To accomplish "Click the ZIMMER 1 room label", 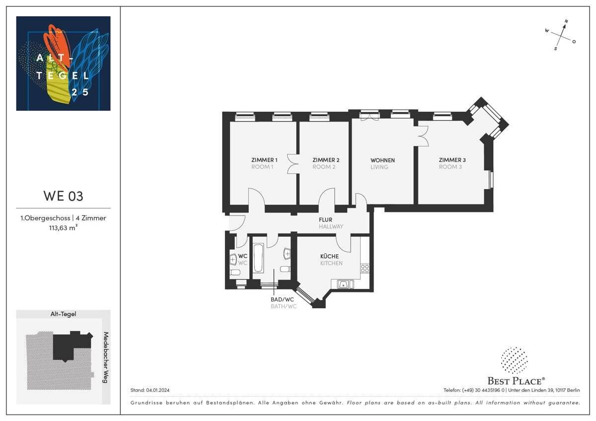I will pos(264,160).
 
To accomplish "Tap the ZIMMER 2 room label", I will pos(325,160).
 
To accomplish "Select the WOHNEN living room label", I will pos(382,160).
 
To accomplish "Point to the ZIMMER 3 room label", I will pos(452,160).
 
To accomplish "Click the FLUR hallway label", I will pos(326,219).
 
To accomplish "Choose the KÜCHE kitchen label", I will pos(330,256).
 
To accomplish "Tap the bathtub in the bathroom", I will pos(259,258).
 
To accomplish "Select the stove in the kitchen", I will pos(365,268).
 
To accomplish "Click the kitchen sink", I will pos(344,284).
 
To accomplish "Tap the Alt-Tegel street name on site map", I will pos(63,314).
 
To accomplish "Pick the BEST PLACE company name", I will pos(516,381).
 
